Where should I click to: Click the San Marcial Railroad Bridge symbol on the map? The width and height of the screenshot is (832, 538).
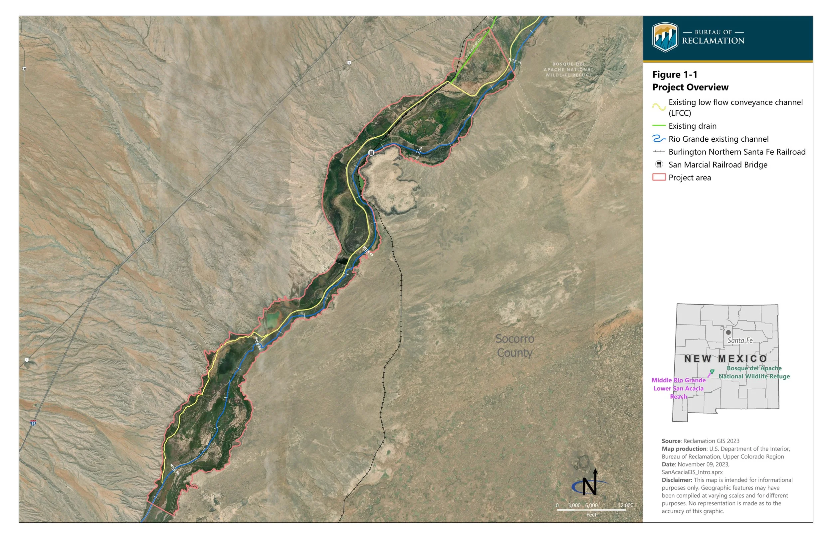click(371, 152)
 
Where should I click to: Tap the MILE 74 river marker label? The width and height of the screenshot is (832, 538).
click(515, 61)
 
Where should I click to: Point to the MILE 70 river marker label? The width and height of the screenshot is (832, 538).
click(418, 153)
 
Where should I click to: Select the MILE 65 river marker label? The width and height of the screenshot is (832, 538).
click(368, 251)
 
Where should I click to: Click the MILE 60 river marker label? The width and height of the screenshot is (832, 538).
click(258, 343)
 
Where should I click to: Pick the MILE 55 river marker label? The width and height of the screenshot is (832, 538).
click(174, 469)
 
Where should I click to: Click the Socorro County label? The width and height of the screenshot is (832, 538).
click(515, 345)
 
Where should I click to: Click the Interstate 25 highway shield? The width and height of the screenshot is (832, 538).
click(33, 423)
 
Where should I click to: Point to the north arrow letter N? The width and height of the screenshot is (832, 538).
click(589, 486)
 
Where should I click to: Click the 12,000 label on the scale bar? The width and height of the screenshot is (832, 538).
click(625, 505)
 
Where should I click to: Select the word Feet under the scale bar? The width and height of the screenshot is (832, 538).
click(591, 515)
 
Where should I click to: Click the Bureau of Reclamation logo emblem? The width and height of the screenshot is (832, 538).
click(665, 37)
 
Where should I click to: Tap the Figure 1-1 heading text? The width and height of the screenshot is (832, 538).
click(675, 75)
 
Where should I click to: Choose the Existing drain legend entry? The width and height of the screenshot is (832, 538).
click(692, 126)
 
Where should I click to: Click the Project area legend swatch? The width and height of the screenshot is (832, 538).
click(659, 178)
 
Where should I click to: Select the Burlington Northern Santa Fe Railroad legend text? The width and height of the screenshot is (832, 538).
click(737, 152)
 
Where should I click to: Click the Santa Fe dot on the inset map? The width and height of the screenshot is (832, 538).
click(728, 332)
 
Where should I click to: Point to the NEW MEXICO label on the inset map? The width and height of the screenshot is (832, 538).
click(726, 358)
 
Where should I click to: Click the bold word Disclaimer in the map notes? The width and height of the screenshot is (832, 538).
click(677, 480)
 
